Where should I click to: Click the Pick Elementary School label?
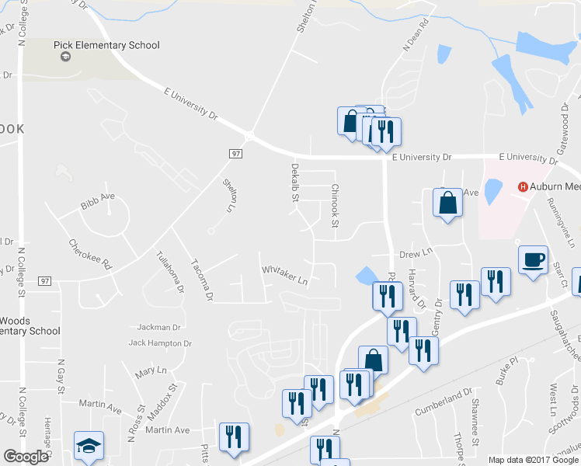point(106,45)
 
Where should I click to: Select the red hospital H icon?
point(523,187)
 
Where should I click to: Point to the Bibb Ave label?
point(97,207)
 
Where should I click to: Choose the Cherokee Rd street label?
point(90,254)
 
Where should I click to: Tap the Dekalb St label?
point(295,183)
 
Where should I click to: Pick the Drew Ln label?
point(415,253)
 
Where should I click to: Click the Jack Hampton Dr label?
point(159,343)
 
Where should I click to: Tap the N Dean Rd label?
point(416,37)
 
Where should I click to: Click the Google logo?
point(26,456)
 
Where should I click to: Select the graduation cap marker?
point(88,446)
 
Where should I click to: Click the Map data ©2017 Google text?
point(533,460)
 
